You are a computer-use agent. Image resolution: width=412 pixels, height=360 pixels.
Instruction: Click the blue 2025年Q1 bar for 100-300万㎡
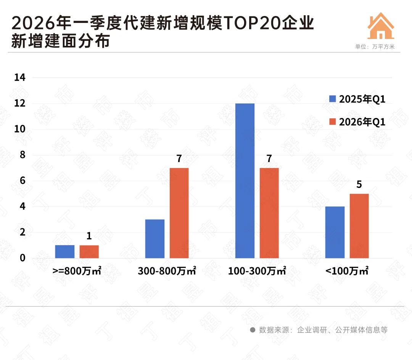tap(245, 181)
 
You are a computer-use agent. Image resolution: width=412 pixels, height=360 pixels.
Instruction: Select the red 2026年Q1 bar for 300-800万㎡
tap(179, 213)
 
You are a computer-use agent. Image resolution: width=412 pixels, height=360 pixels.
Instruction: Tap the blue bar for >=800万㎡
tap(64, 251)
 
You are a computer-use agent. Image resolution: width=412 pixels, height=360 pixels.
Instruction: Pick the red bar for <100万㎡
tap(359, 226)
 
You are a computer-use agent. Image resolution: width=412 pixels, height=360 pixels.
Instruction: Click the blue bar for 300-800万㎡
tap(155, 239)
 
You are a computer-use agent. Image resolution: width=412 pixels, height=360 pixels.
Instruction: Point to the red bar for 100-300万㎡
tap(269, 213)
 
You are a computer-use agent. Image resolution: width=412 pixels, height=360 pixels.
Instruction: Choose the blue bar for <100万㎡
tap(335, 232)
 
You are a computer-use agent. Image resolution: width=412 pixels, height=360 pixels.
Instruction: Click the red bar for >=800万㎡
tap(89, 251)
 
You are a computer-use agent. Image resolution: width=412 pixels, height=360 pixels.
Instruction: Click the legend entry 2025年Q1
tap(357, 99)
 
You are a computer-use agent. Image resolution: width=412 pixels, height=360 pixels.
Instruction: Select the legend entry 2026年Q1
tap(357, 122)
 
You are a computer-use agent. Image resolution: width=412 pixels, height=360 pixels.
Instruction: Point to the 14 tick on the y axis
tap(19, 77)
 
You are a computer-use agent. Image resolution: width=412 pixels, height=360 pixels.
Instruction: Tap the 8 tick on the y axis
tap(23, 155)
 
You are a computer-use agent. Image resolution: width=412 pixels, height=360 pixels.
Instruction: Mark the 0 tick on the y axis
tap(23, 258)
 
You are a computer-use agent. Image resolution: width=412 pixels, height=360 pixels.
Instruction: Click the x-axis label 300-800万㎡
tap(167, 271)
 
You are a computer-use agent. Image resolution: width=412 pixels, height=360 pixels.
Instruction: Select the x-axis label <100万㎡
tap(347, 271)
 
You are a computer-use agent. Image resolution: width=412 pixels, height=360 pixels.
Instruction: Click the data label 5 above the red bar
tap(359, 185)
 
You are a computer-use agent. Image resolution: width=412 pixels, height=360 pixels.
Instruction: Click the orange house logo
tap(380, 26)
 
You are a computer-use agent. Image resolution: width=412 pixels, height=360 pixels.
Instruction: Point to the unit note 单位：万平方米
tap(375, 47)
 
